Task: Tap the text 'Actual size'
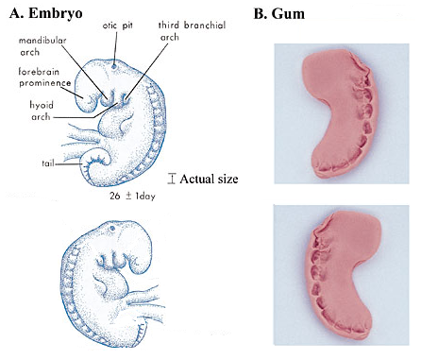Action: pos(209,178)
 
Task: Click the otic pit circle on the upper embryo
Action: pos(114,67)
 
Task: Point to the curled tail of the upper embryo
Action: pos(94,165)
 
